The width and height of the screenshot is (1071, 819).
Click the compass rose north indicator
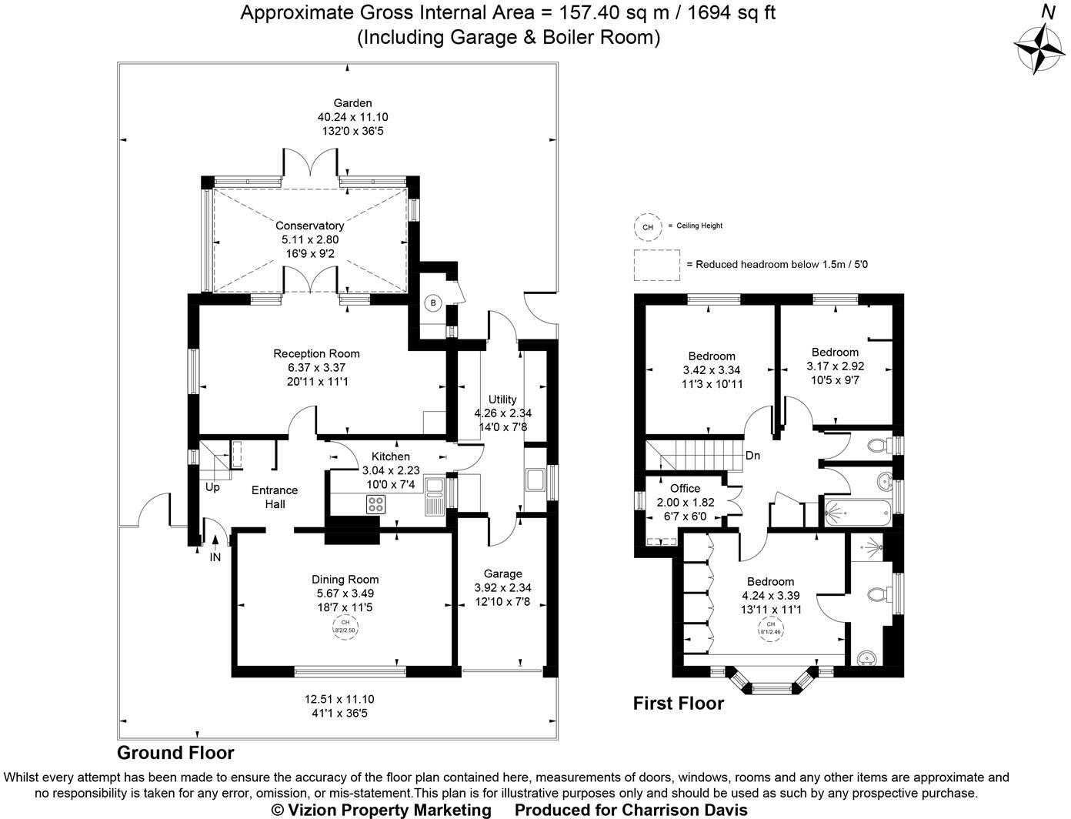point(1041,48)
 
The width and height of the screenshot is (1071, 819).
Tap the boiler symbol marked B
point(433,303)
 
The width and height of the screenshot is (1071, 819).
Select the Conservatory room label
point(309,226)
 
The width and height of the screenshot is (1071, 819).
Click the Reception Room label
point(316,353)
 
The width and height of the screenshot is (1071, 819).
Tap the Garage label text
point(502,573)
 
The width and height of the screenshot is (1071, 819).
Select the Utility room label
point(502,399)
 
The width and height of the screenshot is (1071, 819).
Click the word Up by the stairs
point(212,487)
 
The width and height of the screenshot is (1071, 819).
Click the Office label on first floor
point(685,488)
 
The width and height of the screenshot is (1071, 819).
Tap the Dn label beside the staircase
point(752,456)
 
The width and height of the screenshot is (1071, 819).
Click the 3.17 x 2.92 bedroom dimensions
point(835,366)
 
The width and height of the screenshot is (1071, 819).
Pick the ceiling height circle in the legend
point(647,227)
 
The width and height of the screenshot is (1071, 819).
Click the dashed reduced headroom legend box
point(656,264)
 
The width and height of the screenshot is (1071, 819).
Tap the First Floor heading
point(678,703)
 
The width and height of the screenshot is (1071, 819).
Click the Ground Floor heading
point(175,753)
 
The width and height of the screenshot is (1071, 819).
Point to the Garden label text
point(352,103)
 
